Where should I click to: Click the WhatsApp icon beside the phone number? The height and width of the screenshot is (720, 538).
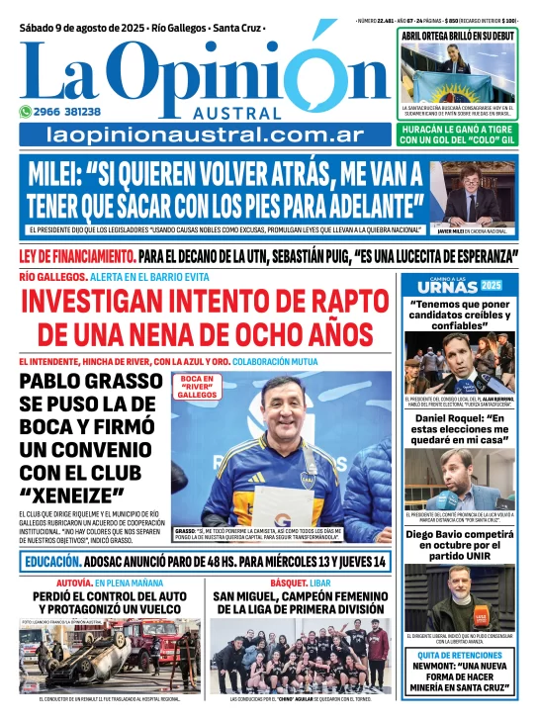27,112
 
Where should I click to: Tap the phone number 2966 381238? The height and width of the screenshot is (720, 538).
81,112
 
